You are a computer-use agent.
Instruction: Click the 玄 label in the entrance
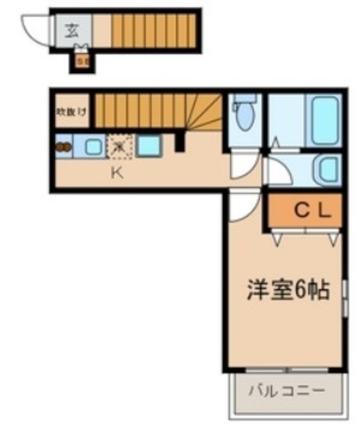pyautogui.click(x=70, y=30)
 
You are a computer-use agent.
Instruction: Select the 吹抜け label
pyautogui.click(x=71, y=111)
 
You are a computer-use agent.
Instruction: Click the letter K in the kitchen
pyautogui.click(x=116, y=174)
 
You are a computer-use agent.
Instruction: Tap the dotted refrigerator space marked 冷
pyautogui.click(x=119, y=146)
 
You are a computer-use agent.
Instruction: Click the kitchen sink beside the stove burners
pyautogui.click(x=92, y=146)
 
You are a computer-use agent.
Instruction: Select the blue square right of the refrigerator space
pyautogui.click(x=148, y=146)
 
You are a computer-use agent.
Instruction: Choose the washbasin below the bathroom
pyautogui.click(x=326, y=170)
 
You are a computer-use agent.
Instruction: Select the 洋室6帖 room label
pyautogui.click(x=288, y=290)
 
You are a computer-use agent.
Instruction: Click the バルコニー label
pyautogui.click(x=287, y=391)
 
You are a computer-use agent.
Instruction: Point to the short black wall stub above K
pyautogui.click(x=178, y=141)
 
